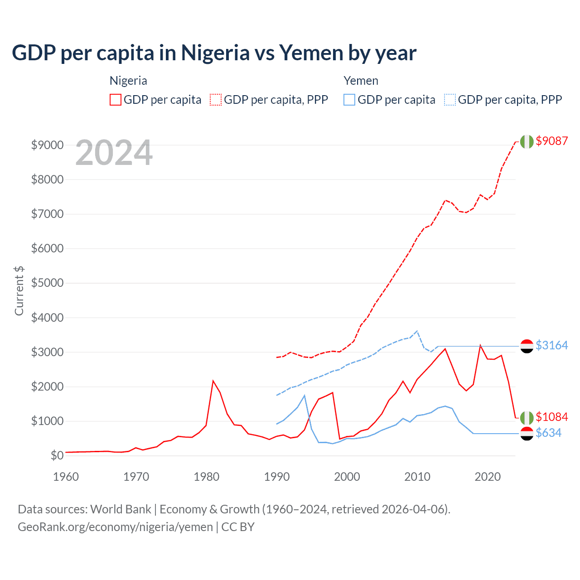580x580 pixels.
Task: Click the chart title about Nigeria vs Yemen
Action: point(214,53)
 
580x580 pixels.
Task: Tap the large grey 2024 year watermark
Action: point(114,153)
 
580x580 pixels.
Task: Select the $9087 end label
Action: point(551,141)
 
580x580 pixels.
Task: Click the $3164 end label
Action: point(551,345)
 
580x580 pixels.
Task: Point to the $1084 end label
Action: point(551,417)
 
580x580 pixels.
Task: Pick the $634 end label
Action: point(548,433)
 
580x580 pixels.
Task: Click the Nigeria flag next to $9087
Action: point(527,141)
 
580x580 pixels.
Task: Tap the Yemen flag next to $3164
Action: point(527,346)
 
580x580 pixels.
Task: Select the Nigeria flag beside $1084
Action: point(527,417)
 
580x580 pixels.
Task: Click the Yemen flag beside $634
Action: point(527,434)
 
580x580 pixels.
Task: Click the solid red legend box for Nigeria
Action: point(116,100)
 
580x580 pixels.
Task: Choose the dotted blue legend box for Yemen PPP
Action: point(450,100)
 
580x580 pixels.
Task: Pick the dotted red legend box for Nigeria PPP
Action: point(216,100)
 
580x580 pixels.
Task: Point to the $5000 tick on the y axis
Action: point(47,283)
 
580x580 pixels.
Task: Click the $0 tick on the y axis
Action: point(57,455)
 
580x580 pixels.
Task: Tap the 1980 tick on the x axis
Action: point(207,477)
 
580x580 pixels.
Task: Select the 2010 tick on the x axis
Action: point(417,477)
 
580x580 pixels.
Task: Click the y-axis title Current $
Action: point(19,290)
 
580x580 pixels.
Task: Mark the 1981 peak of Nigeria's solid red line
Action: point(213,381)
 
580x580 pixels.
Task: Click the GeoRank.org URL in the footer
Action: point(115,527)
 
